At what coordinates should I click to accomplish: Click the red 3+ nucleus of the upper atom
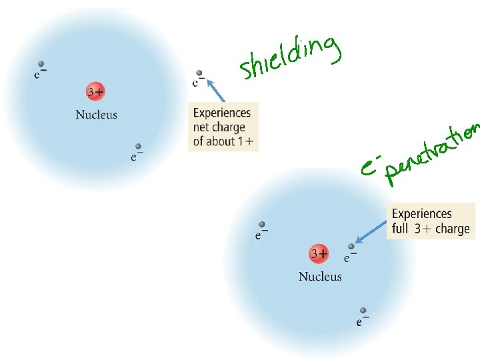95,91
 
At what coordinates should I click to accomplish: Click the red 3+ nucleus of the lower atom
319,254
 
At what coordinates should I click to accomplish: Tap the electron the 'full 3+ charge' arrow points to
351,247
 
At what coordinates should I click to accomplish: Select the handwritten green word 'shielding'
289,57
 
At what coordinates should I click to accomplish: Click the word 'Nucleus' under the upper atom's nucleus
96,115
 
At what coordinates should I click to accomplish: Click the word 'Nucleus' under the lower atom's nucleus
320,277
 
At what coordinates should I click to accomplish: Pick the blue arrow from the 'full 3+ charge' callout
370,233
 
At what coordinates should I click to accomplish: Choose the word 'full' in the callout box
401,229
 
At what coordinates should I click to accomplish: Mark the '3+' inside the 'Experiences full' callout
423,229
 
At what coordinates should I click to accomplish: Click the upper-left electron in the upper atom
41,65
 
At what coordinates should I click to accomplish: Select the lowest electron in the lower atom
363,311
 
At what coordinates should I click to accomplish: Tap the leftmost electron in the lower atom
262,225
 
